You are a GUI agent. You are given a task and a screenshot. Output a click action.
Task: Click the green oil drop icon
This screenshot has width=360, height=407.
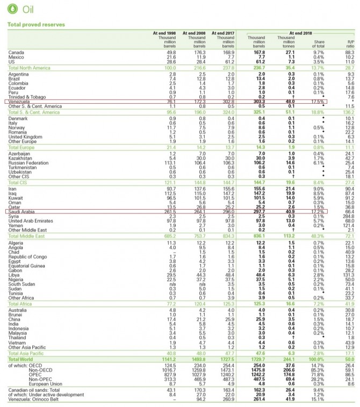click(x=12, y=10)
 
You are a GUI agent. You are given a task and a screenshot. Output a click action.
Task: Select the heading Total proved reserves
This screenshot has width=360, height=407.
click(x=35, y=25)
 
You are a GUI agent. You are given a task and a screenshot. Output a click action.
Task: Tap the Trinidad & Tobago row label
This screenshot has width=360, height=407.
click(x=28, y=97)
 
